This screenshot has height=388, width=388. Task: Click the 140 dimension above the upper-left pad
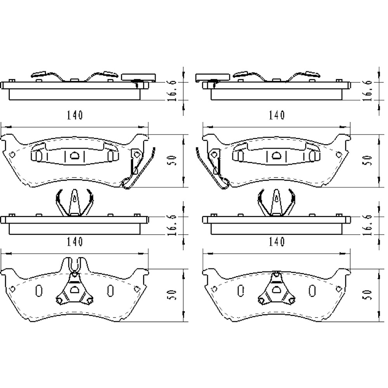click(75, 115)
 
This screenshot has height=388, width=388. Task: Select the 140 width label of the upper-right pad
click(277, 115)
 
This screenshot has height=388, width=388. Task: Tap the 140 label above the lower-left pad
click(75, 241)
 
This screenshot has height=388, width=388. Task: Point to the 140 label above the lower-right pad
click(277, 241)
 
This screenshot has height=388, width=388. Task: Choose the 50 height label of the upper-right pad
click(368, 160)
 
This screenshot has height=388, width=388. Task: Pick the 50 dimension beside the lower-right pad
click(368, 295)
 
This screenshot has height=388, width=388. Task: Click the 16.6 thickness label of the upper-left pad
click(172, 91)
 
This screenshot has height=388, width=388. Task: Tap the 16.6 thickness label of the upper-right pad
click(367, 91)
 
